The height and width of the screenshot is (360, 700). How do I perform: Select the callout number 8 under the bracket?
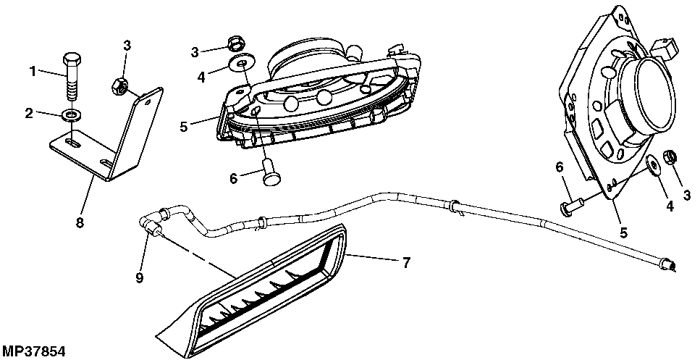[80, 222]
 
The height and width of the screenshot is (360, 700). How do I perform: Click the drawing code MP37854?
[33, 351]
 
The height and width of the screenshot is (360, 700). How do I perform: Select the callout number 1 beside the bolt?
[32, 71]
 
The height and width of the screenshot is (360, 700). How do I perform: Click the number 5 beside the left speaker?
[184, 125]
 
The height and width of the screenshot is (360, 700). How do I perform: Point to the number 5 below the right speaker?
[623, 233]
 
